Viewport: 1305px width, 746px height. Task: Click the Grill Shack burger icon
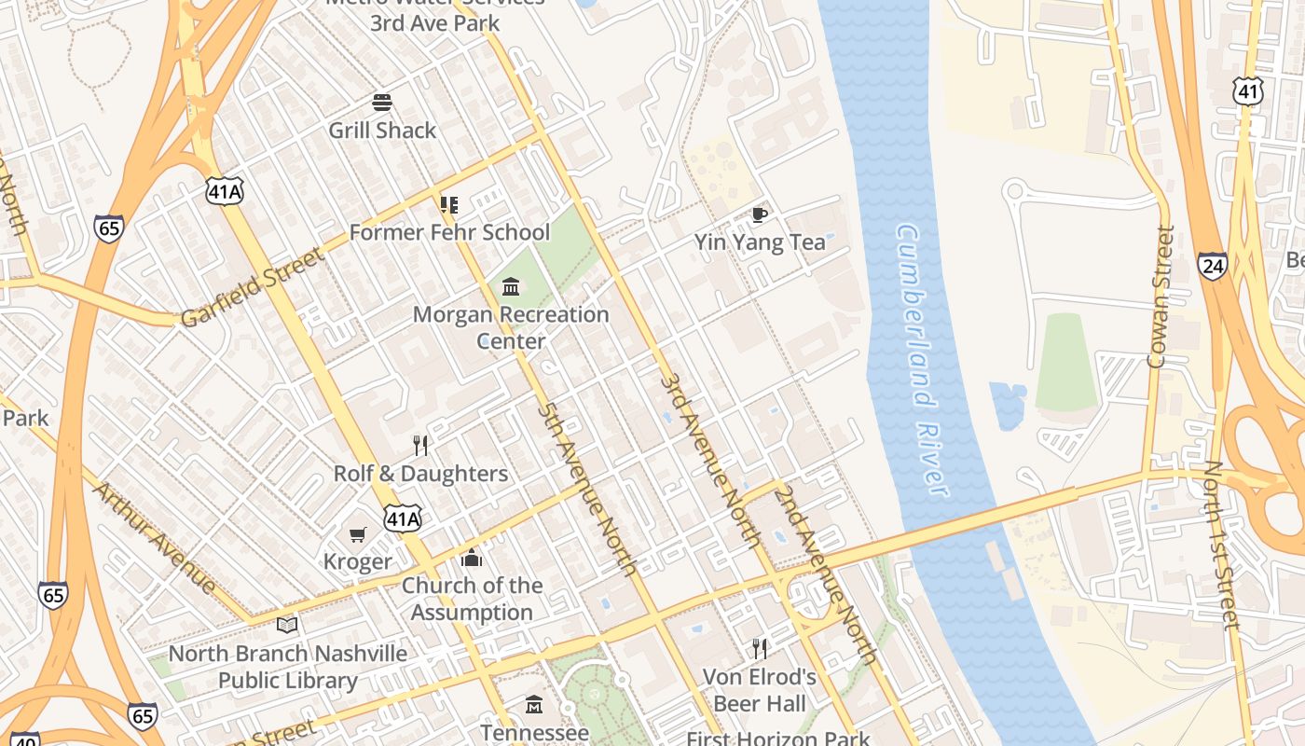point(382,102)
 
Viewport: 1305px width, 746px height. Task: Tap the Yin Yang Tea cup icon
point(760,215)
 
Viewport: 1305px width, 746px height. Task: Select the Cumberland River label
point(922,359)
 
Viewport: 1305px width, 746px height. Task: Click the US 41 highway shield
point(1247,90)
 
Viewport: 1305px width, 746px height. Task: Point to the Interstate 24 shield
point(1212,266)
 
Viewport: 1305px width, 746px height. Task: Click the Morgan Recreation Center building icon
point(511,286)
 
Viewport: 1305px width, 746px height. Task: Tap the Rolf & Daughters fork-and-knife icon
point(420,446)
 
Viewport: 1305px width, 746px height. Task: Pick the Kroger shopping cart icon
point(357,534)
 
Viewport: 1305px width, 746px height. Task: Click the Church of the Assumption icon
point(472,558)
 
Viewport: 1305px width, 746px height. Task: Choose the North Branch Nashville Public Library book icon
point(287,625)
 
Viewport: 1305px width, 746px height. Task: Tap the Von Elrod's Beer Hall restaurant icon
point(760,648)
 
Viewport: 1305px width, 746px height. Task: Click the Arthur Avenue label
point(155,537)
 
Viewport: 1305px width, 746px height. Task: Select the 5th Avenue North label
point(586,489)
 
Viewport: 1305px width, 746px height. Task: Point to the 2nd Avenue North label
point(826,573)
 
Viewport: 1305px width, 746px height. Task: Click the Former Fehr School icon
point(449,204)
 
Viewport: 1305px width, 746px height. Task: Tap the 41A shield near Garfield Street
point(225,191)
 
